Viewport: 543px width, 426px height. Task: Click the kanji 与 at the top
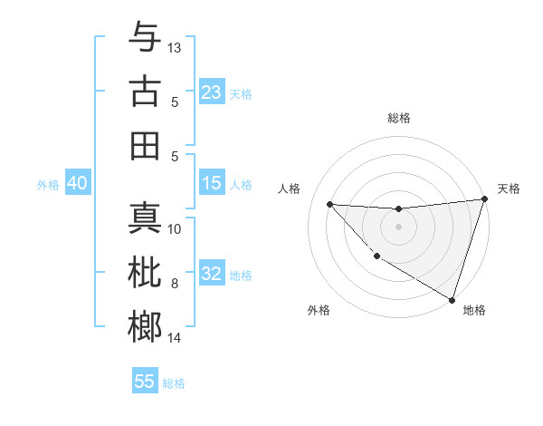pyautogui.click(x=145, y=38)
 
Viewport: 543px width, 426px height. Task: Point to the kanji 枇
pyautogui.click(x=145, y=273)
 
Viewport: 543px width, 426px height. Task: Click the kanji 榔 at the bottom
pyautogui.click(x=145, y=327)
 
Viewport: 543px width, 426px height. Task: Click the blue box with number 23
pyautogui.click(x=212, y=92)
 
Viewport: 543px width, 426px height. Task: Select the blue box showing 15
pyautogui.click(x=212, y=183)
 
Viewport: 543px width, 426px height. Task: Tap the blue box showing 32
pyautogui.click(x=212, y=274)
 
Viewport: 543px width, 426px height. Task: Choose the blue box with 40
pyautogui.click(x=77, y=183)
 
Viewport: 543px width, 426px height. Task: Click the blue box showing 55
pyautogui.click(x=145, y=382)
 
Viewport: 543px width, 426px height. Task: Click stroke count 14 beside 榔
pyautogui.click(x=175, y=338)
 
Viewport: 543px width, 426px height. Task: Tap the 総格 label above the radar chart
pyautogui.click(x=399, y=118)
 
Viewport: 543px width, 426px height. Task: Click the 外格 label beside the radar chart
pyautogui.click(x=319, y=310)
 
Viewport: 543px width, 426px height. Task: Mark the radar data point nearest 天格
pyautogui.click(x=484, y=199)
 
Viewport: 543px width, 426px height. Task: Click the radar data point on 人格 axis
pyautogui.click(x=329, y=204)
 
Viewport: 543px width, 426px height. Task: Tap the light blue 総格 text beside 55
pyautogui.click(x=174, y=383)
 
